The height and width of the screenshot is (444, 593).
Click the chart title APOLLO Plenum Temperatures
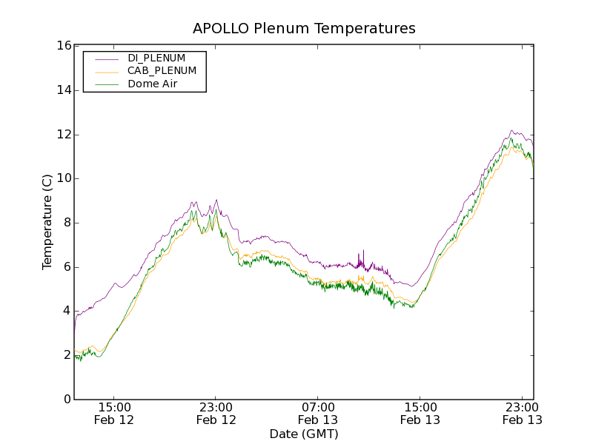click(x=304, y=29)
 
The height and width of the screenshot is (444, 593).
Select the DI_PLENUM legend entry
click(x=156, y=58)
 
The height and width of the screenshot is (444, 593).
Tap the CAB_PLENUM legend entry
click(x=162, y=71)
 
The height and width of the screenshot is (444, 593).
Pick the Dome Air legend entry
click(x=152, y=84)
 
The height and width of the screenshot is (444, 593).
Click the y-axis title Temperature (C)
click(x=47, y=222)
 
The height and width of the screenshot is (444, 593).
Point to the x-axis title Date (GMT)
click(x=304, y=434)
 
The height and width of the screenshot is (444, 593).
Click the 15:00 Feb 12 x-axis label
click(x=114, y=414)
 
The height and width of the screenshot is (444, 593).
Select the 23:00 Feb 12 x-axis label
click(x=216, y=414)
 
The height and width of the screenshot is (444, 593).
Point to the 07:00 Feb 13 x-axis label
click(x=318, y=414)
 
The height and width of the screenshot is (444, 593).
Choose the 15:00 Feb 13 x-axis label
click(x=420, y=414)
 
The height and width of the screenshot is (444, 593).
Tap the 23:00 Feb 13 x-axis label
click(x=522, y=414)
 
